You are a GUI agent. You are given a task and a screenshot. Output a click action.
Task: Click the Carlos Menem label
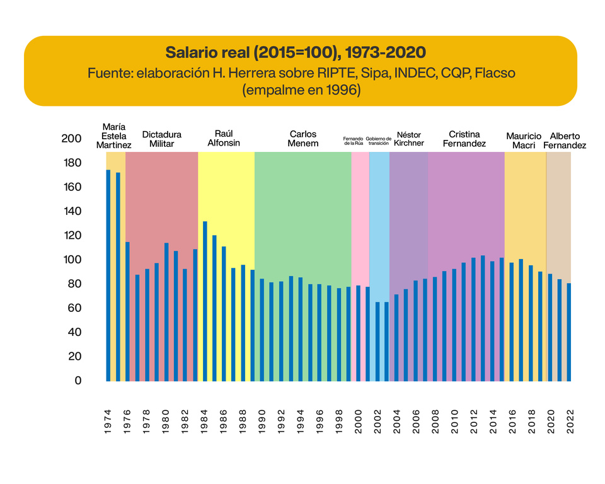pos(302,139)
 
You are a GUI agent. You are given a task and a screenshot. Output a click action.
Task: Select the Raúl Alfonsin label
pos(224,139)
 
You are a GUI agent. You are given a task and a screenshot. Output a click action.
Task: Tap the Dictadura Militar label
pos(161,139)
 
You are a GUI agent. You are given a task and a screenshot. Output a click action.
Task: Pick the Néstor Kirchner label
pos(408,139)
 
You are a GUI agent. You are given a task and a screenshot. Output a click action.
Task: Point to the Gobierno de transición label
pos(379,141)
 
